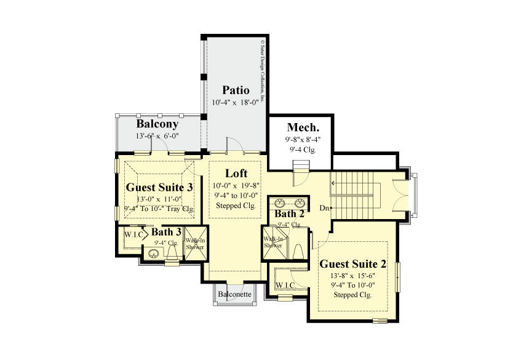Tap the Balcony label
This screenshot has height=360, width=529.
pos(157,124)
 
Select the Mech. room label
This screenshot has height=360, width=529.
pos(303,127)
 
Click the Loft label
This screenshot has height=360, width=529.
pos(236,173)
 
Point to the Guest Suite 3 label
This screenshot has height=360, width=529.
pos(159,186)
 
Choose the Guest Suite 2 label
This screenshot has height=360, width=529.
pos(352,264)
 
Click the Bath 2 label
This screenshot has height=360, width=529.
pos(289,214)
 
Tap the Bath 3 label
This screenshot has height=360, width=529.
pos(166,232)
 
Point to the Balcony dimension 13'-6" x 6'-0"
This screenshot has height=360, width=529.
pos(157,136)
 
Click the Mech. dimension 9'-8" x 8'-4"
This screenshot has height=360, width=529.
pos(303,140)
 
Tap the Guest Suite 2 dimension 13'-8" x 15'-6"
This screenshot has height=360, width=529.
pos(352,276)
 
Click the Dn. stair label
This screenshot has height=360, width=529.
pos(325,208)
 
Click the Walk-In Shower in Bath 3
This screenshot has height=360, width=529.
pos(196,244)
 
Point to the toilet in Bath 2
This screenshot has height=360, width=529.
pos(298,252)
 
